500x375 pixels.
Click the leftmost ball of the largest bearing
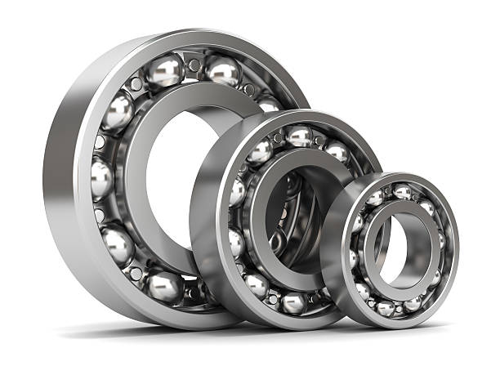(x=101, y=177)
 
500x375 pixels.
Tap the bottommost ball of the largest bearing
(x=165, y=286)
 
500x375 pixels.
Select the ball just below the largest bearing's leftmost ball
(x=117, y=243)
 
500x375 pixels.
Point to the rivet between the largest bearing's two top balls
(x=194, y=65)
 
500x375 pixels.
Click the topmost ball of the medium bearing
(x=299, y=136)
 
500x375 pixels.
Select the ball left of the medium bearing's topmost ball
(x=261, y=151)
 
